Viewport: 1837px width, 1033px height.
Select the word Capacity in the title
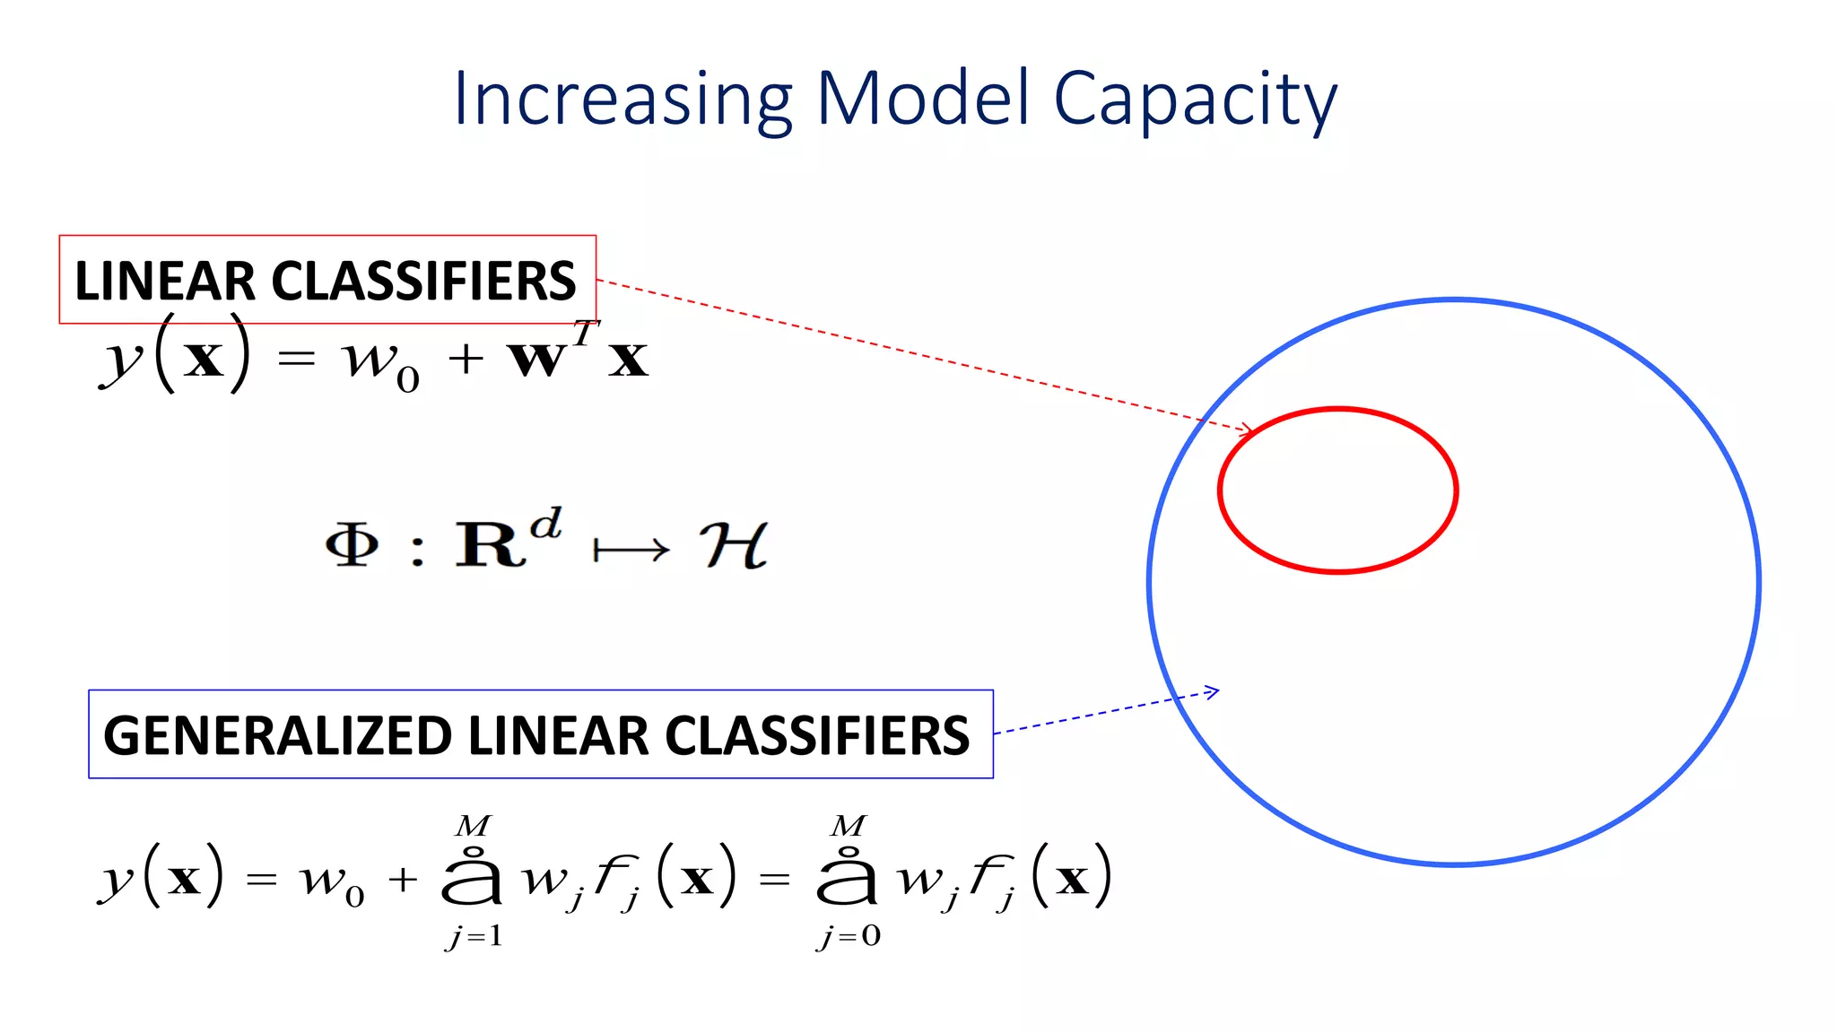(1195, 100)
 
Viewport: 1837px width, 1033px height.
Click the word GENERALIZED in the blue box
(277, 736)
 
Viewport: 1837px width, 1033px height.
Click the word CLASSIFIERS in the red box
(423, 281)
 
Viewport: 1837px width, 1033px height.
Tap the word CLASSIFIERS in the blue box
(817, 736)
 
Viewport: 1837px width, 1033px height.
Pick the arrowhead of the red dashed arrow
(1247, 430)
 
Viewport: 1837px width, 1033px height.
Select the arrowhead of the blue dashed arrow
(1212, 691)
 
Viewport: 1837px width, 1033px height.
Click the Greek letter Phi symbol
(352, 543)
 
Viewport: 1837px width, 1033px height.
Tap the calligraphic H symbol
(733, 544)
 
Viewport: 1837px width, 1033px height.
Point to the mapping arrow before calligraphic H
(631, 549)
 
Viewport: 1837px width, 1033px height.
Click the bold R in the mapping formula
(490, 543)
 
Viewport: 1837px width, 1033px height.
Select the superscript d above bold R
(545, 523)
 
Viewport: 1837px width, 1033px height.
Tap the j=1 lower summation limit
(474, 937)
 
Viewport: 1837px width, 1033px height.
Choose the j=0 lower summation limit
(849, 937)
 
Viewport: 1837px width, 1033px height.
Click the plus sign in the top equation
(466, 360)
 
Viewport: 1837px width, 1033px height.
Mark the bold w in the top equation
(536, 360)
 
